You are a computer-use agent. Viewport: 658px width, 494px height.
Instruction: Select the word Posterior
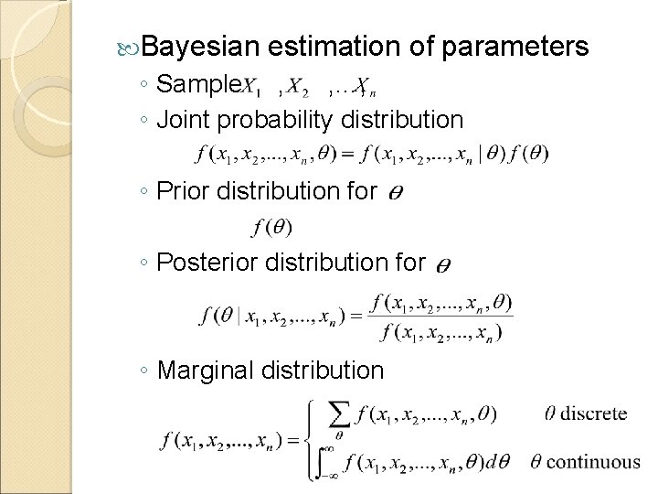[207, 263]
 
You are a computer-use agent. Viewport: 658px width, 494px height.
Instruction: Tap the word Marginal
[211, 370]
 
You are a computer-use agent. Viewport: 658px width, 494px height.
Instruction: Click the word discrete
[592, 413]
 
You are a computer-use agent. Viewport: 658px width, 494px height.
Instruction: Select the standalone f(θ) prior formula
[266, 225]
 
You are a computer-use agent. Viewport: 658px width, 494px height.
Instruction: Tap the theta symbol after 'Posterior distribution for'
[441, 265]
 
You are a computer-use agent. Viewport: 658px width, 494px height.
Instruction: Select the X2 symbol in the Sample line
[298, 88]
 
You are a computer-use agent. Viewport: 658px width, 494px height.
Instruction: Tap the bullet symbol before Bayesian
[130, 47]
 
